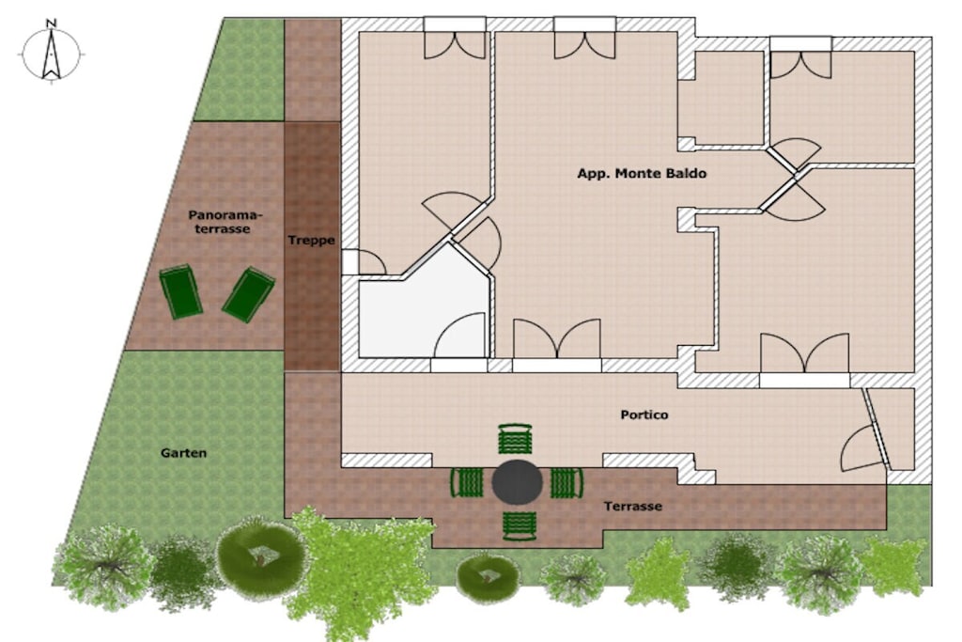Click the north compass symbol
(52, 54)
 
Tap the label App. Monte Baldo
(642, 174)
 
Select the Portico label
(644, 415)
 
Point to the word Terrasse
(632, 507)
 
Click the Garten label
(183, 453)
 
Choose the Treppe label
(312, 241)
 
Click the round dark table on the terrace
(518, 482)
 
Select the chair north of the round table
(516, 438)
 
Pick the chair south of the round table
(520, 526)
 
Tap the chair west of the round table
(467, 482)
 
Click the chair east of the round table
(566, 482)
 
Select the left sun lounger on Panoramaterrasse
(181, 291)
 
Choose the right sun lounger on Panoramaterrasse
(248, 294)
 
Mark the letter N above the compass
(52, 23)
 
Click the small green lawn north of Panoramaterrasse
(241, 70)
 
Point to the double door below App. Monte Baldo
(557, 338)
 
